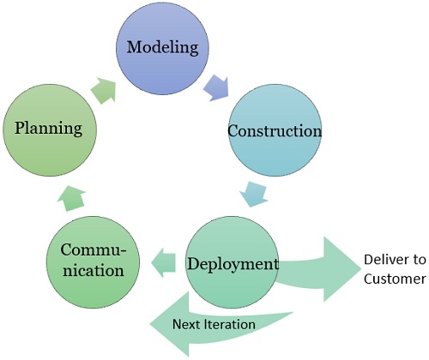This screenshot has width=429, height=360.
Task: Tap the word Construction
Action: (x=274, y=132)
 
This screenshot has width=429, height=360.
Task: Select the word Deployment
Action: (x=233, y=263)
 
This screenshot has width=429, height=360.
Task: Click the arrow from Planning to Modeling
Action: (x=106, y=90)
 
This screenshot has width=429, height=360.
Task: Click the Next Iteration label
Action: (x=213, y=324)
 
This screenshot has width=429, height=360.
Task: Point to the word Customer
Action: (x=393, y=279)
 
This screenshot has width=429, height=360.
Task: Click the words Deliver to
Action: (x=394, y=260)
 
